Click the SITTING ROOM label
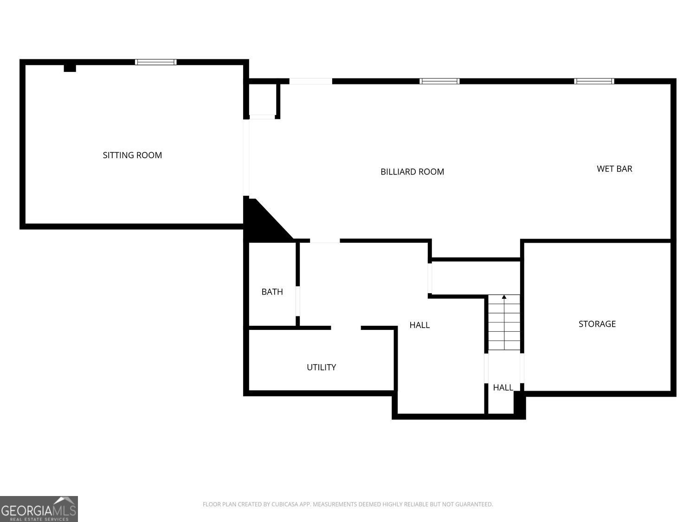click(132, 155)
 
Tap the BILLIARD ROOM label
click(412, 172)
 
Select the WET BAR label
click(614, 168)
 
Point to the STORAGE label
click(597, 324)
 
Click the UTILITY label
click(321, 367)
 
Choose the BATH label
click(272, 292)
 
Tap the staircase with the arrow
click(504, 325)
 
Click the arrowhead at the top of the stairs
click(504, 296)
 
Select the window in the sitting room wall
click(155, 62)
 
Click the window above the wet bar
click(594, 81)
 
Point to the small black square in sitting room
click(70, 68)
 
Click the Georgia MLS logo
click(39, 509)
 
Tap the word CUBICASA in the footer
click(284, 504)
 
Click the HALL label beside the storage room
click(503, 387)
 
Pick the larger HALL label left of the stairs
click(419, 325)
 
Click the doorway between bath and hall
click(298, 302)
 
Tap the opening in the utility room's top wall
click(346, 328)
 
